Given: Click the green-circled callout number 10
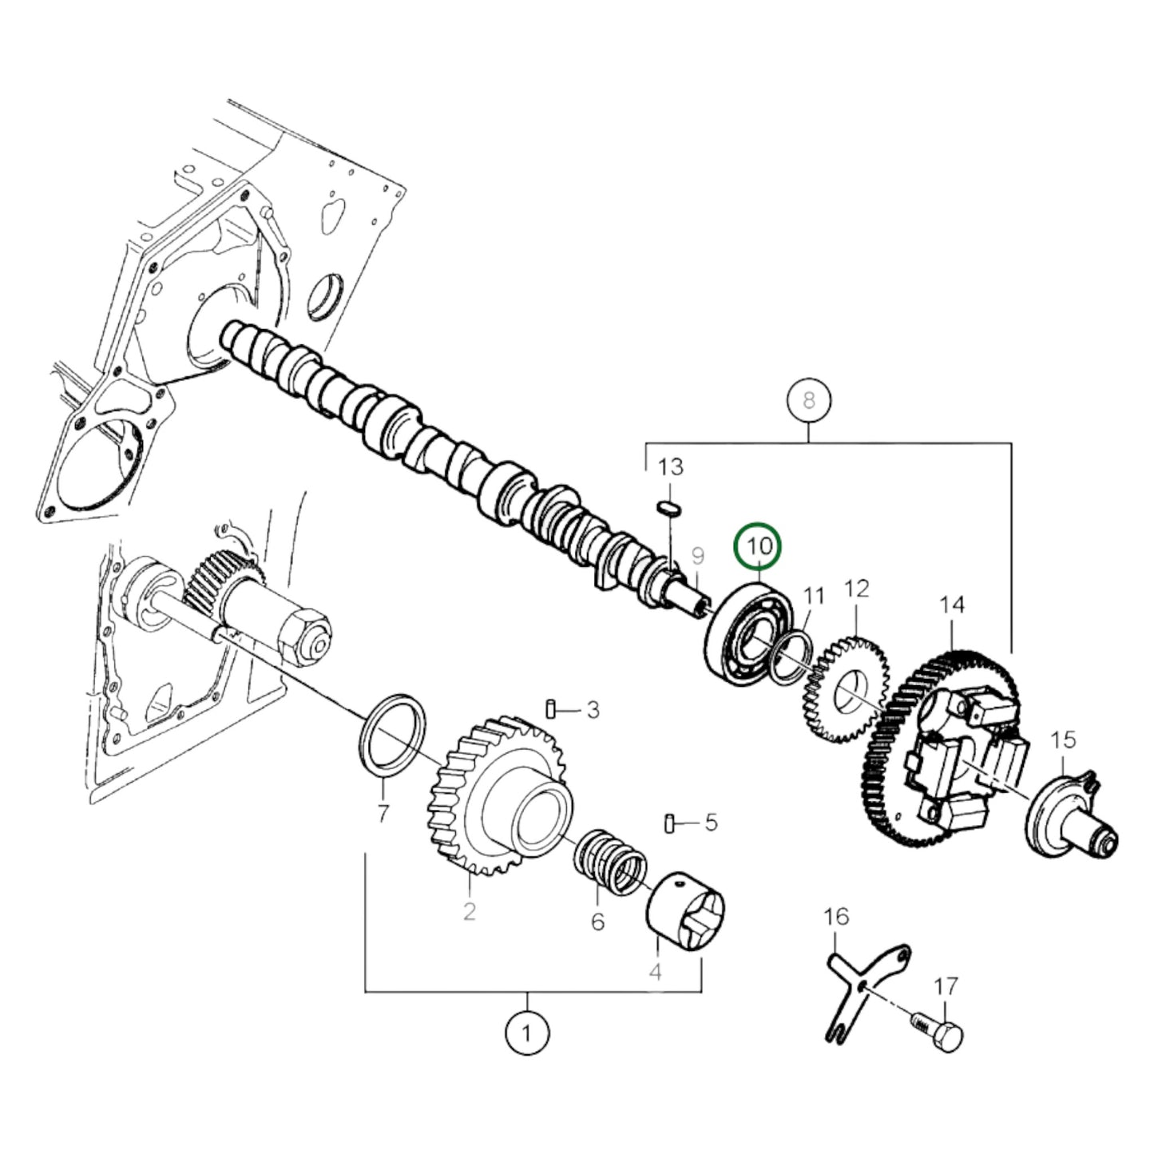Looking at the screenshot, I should (759, 547).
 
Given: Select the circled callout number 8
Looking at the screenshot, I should (808, 399).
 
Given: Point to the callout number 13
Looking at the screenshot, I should (671, 467).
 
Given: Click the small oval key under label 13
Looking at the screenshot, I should (668, 506).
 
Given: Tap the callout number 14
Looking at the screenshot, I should (952, 605).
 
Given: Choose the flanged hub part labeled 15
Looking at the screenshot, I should (1070, 823).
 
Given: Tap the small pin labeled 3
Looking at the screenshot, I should (551, 708).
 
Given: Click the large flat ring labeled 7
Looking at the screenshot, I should (390, 735).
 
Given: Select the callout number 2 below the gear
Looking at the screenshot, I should (469, 910).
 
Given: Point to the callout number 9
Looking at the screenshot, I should (697, 556).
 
